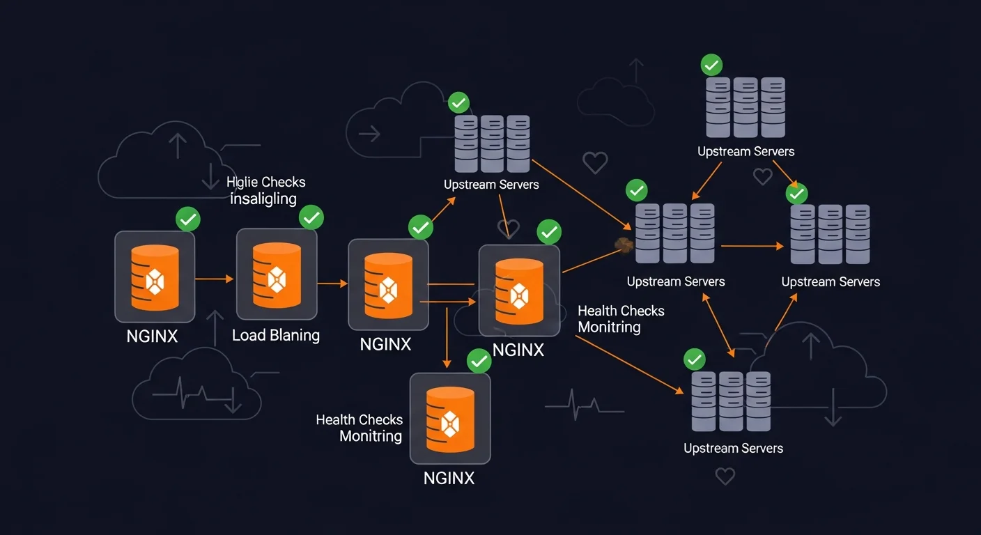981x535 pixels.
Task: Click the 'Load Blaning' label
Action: tap(275, 335)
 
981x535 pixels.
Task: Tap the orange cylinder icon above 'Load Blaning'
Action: tap(277, 277)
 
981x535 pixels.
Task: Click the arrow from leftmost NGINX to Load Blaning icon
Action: tap(215, 279)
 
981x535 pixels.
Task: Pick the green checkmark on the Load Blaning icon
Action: tap(311, 217)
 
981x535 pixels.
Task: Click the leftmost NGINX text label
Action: tap(152, 336)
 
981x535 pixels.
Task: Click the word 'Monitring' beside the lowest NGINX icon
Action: tap(371, 437)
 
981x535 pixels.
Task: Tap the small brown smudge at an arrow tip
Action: tap(622, 244)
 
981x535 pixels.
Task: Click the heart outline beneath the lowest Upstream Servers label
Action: tap(725, 476)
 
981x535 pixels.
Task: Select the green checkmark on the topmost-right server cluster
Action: tap(711, 65)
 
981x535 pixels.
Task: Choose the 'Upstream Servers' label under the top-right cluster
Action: tap(746, 151)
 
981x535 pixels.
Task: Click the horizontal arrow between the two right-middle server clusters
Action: tap(752, 246)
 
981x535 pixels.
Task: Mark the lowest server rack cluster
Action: tap(731, 401)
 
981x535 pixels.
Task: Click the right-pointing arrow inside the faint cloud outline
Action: tap(369, 133)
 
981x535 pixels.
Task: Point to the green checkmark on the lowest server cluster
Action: tap(694, 359)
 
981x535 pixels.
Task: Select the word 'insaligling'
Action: tap(263, 199)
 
